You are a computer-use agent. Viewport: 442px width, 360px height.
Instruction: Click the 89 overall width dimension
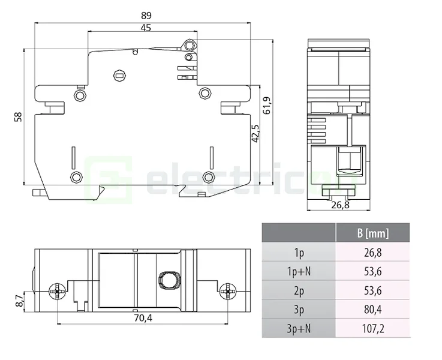click(146, 16)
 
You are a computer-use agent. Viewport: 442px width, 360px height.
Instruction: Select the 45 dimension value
click(146, 28)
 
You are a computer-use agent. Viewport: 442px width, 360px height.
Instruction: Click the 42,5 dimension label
click(255, 133)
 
